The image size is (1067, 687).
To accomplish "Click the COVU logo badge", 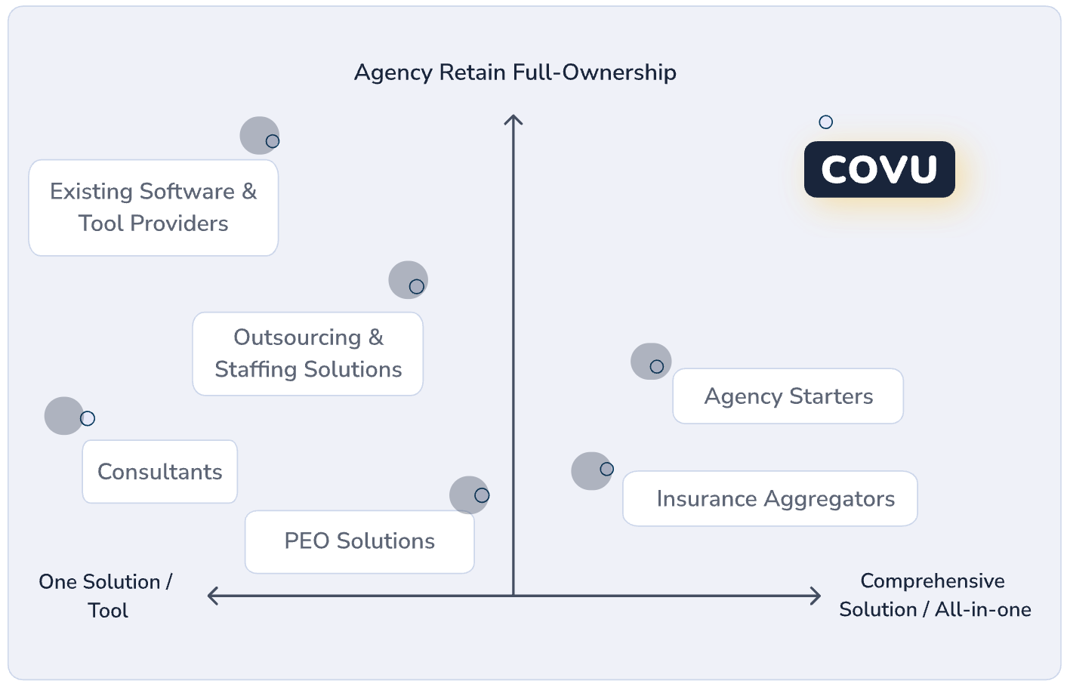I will pyautogui.click(x=879, y=169).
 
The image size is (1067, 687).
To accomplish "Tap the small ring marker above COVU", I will pyautogui.click(x=826, y=122).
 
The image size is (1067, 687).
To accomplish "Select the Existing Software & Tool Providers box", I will pyautogui.click(x=153, y=208).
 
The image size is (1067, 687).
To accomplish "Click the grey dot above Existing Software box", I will pyautogui.click(x=260, y=136).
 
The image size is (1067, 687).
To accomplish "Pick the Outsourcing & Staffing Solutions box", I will pyautogui.click(x=308, y=353).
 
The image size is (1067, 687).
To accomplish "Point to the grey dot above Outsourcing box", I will pyautogui.click(x=408, y=280).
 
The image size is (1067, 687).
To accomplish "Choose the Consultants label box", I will pyautogui.click(x=160, y=472).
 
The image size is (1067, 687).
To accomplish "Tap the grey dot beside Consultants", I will pyautogui.click(x=64, y=416).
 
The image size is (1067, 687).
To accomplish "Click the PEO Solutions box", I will pyautogui.click(x=359, y=541).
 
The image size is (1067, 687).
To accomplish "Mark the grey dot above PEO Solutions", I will pyautogui.click(x=469, y=495).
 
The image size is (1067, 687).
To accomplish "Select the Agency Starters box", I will pyautogui.click(x=788, y=396).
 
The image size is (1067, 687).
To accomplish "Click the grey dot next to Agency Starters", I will pyautogui.click(x=651, y=362).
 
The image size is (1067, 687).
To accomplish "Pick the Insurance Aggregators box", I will pyautogui.click(x=770, y=499).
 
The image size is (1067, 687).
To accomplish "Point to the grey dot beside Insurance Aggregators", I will pyautogui.click(x=591, y=471).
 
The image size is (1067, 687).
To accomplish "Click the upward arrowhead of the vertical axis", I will pyautogui.click(x=513, y=120).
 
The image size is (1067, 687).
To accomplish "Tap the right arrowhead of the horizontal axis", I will pyautogui.click(x=816, y=596).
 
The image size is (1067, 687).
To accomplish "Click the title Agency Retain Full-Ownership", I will pyautogui.click(x=515, y=72).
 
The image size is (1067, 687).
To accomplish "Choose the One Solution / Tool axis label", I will pyautogui.click(x=106, y=596).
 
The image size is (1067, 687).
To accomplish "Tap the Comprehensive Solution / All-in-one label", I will pyautogui.click(x=934, y=595).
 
